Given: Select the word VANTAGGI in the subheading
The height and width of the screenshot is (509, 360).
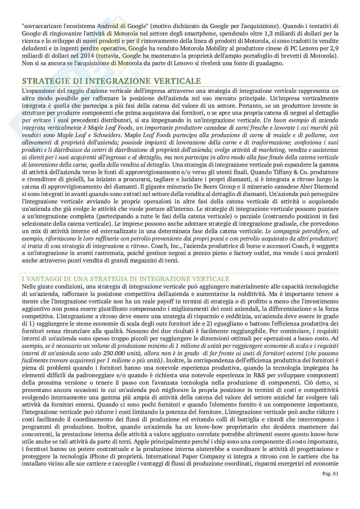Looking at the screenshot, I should (43, 279).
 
